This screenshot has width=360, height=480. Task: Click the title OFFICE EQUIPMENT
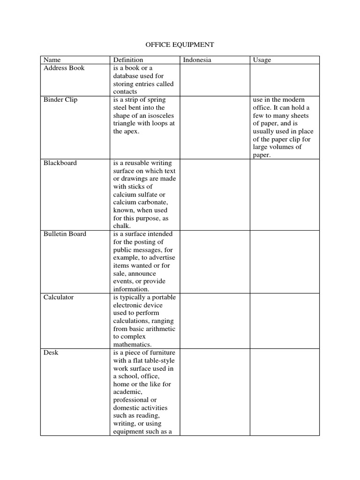(x=180, y=45)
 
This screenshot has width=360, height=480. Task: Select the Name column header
(x=52, y=60)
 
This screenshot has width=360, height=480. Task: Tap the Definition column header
(x=128, y=60)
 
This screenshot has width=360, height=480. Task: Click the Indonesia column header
(x=197, y=60)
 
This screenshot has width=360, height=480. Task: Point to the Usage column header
(x=262, y=60)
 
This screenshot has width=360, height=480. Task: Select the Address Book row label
(x=64, y=68)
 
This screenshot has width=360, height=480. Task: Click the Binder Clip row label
(x=60, y=100)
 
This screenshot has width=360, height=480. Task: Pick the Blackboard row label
(x=60, y=163)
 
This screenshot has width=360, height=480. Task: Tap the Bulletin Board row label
(x=65, y=234)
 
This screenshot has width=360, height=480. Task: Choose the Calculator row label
(x=59, y=297)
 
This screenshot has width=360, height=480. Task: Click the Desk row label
(x=51, y=352)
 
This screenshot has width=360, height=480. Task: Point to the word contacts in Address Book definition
(x=125, y=92)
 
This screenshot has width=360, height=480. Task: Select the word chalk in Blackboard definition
(x=121, y=226)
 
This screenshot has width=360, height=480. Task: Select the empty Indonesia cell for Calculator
(x=214, y=321)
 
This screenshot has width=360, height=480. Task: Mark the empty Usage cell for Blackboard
(x=284, y=194)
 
